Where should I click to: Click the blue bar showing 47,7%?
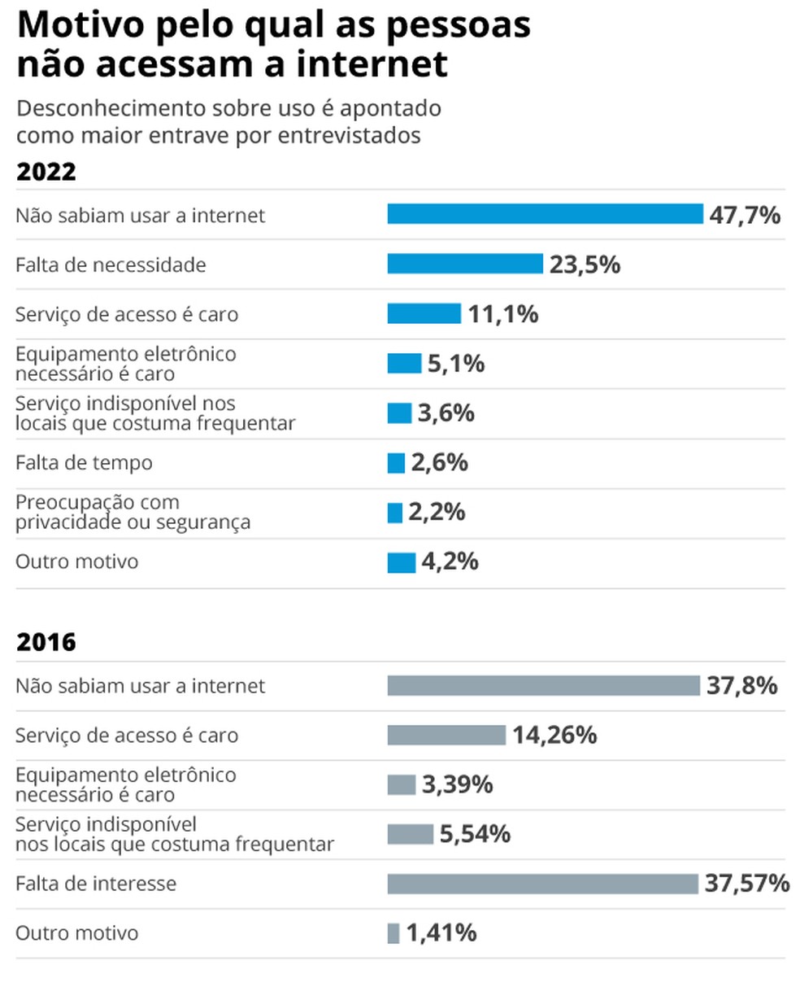(x=545, y=214)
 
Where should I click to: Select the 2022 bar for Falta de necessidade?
(x=464, y=264)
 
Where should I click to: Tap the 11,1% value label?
(x=502, y=314)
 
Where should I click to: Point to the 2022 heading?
(x=46, y=173)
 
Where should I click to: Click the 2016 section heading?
(x=46, y=643)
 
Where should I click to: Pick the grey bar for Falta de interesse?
(x=542, y=884)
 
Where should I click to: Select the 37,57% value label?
(x=746, y=884)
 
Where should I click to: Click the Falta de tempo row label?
(x=84, y=463)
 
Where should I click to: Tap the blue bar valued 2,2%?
(x=394, y=513)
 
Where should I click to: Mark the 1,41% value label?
(x=441, y=933)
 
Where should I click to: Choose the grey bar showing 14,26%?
(x=446, y=736)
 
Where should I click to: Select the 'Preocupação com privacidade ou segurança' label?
(x=133, y=513)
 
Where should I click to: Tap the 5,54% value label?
(x=475, y=834)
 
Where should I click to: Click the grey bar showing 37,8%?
(x=543, y=686)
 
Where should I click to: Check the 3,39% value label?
(x=457, y=785)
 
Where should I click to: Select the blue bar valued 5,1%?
(x=404, y=364)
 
